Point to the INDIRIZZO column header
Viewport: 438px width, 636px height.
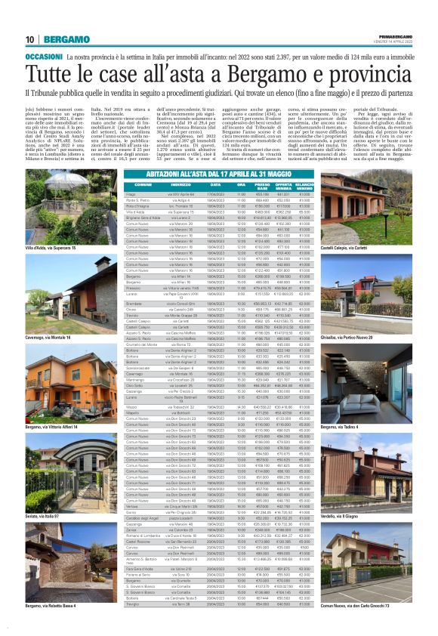point(159,185)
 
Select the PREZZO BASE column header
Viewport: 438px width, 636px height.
point(262,185)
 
